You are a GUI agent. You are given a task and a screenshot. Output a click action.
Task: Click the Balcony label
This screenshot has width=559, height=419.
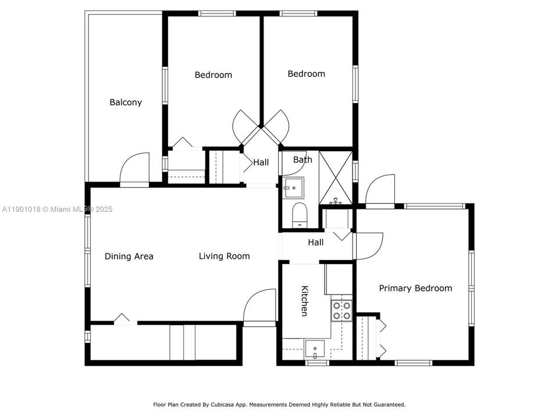click(126, 102)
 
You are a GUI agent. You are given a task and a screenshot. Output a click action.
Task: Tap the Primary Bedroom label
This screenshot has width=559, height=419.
click(415, 288)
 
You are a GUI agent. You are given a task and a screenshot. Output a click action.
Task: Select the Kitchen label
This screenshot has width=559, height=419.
click(304, 301)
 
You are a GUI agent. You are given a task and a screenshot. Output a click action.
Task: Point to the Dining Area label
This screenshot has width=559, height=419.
click(129, 256)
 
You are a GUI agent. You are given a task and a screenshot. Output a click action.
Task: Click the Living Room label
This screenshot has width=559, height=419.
click(224, 256)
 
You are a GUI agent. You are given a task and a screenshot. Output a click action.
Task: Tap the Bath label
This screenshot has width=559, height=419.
click(302, 159)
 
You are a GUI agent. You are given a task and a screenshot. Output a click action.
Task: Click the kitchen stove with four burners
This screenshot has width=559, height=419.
click(341, 311)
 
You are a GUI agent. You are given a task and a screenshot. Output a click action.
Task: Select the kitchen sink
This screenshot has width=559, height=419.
click(315, 349)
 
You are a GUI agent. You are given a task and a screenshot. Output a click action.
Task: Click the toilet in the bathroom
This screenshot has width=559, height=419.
click(299, 215)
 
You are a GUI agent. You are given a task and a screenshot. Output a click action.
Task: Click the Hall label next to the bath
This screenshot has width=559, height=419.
click(261, 163)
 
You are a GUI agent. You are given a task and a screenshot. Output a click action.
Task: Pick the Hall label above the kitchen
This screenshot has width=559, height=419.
click(316, 242)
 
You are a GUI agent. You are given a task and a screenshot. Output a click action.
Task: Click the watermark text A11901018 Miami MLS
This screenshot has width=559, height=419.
click(57, 209)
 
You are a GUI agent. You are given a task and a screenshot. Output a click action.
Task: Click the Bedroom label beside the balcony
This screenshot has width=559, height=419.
click(213, 74)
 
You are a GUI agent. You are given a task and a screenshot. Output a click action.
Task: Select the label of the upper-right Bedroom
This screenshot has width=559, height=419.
click(306, 74)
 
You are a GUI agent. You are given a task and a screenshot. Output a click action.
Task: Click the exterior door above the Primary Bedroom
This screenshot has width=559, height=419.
click(380, 190)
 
